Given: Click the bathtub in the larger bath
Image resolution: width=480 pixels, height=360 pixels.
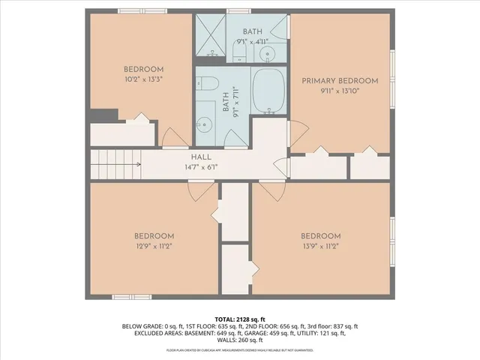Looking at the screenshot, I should pyautogui.click(x=268, y=91).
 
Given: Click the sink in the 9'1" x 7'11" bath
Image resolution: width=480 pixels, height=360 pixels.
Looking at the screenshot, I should pyautogui.click(x=204, y=124).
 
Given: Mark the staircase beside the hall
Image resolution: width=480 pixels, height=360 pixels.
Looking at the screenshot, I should pyautogui.click(x=116, y=164).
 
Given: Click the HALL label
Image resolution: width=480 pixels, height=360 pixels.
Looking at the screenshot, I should pyautogui.click(x=201, y=157).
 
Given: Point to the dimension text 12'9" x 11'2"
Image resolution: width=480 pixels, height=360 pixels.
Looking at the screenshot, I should pyautogui.click(x=154, y=245).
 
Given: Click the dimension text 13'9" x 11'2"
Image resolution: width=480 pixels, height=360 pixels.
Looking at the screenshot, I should pyautogui.click(x=321, y=245).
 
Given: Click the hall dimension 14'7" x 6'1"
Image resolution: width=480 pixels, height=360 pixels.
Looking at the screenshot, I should pyautogui.click(x=201, y=166).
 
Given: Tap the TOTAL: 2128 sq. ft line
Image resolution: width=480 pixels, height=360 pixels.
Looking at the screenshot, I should pyautogui.click(x=240, y=319).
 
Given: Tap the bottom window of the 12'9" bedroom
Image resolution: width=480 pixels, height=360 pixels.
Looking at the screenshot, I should pyautogui.click(x=132, y=297).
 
